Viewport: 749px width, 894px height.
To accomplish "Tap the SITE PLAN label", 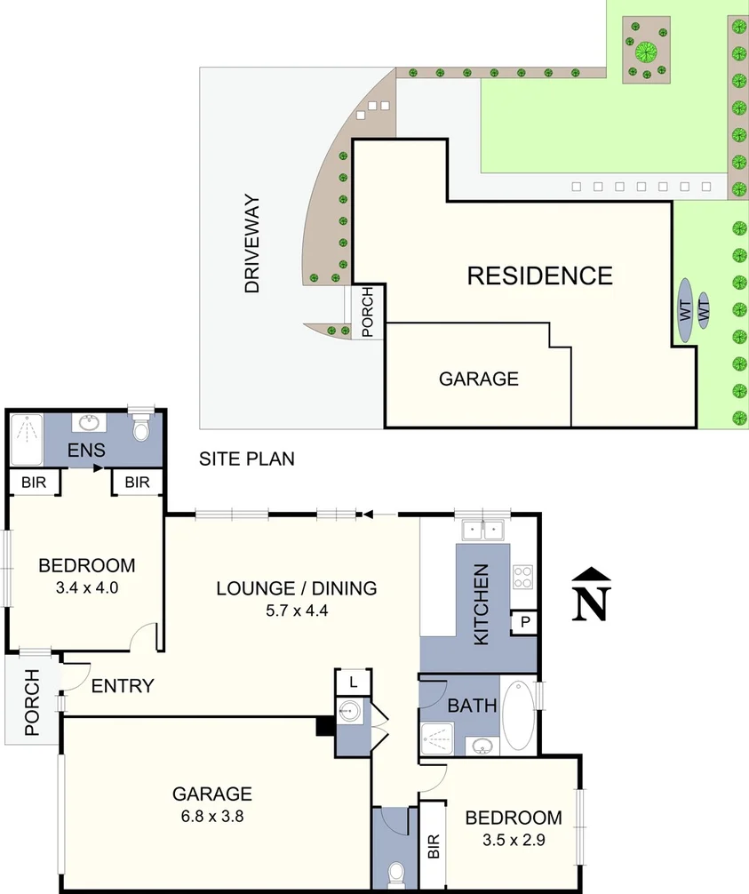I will (246, 459).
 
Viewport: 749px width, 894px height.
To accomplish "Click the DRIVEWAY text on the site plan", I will (252, 244).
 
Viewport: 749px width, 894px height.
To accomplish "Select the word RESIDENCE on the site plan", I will (539, 275).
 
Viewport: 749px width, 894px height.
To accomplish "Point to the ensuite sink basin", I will (89, 422).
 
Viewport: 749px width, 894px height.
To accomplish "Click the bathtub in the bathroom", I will (519, 716).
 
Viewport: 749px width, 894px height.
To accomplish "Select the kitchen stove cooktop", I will (523, 577).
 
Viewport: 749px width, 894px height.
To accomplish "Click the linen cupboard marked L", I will (353, 682).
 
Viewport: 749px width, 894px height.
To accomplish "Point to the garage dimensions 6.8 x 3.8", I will (212, 815).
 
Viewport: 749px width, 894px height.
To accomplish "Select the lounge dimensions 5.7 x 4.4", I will (297, 610).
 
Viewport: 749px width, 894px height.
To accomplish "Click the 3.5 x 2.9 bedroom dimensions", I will (514, 838).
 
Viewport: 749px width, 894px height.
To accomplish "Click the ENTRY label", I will (123, 686).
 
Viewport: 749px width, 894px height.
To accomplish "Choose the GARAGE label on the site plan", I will (478, 379).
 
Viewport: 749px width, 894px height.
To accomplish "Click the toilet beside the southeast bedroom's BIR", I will (394, 869).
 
